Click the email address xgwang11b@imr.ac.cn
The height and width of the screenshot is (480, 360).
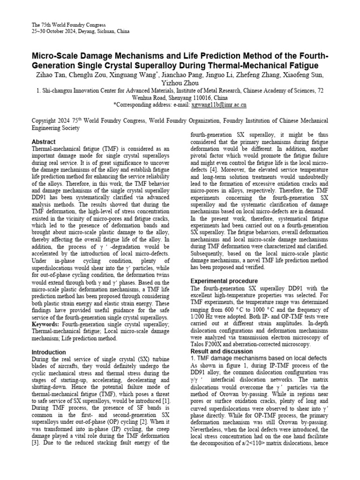[x=219, y=105]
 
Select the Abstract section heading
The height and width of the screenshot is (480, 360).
[x=43, y=142]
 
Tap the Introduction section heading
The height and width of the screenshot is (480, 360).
[x=49, y=352]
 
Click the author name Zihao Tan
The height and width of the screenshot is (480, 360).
[x=50, y=75]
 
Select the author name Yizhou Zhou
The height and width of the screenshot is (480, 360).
[x=180, y=83]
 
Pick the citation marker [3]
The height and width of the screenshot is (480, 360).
[x=35, y=443]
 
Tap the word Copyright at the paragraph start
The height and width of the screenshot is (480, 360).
[x=45, y=120]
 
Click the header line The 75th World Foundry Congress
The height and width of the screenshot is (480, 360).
[x=68, y=24]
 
